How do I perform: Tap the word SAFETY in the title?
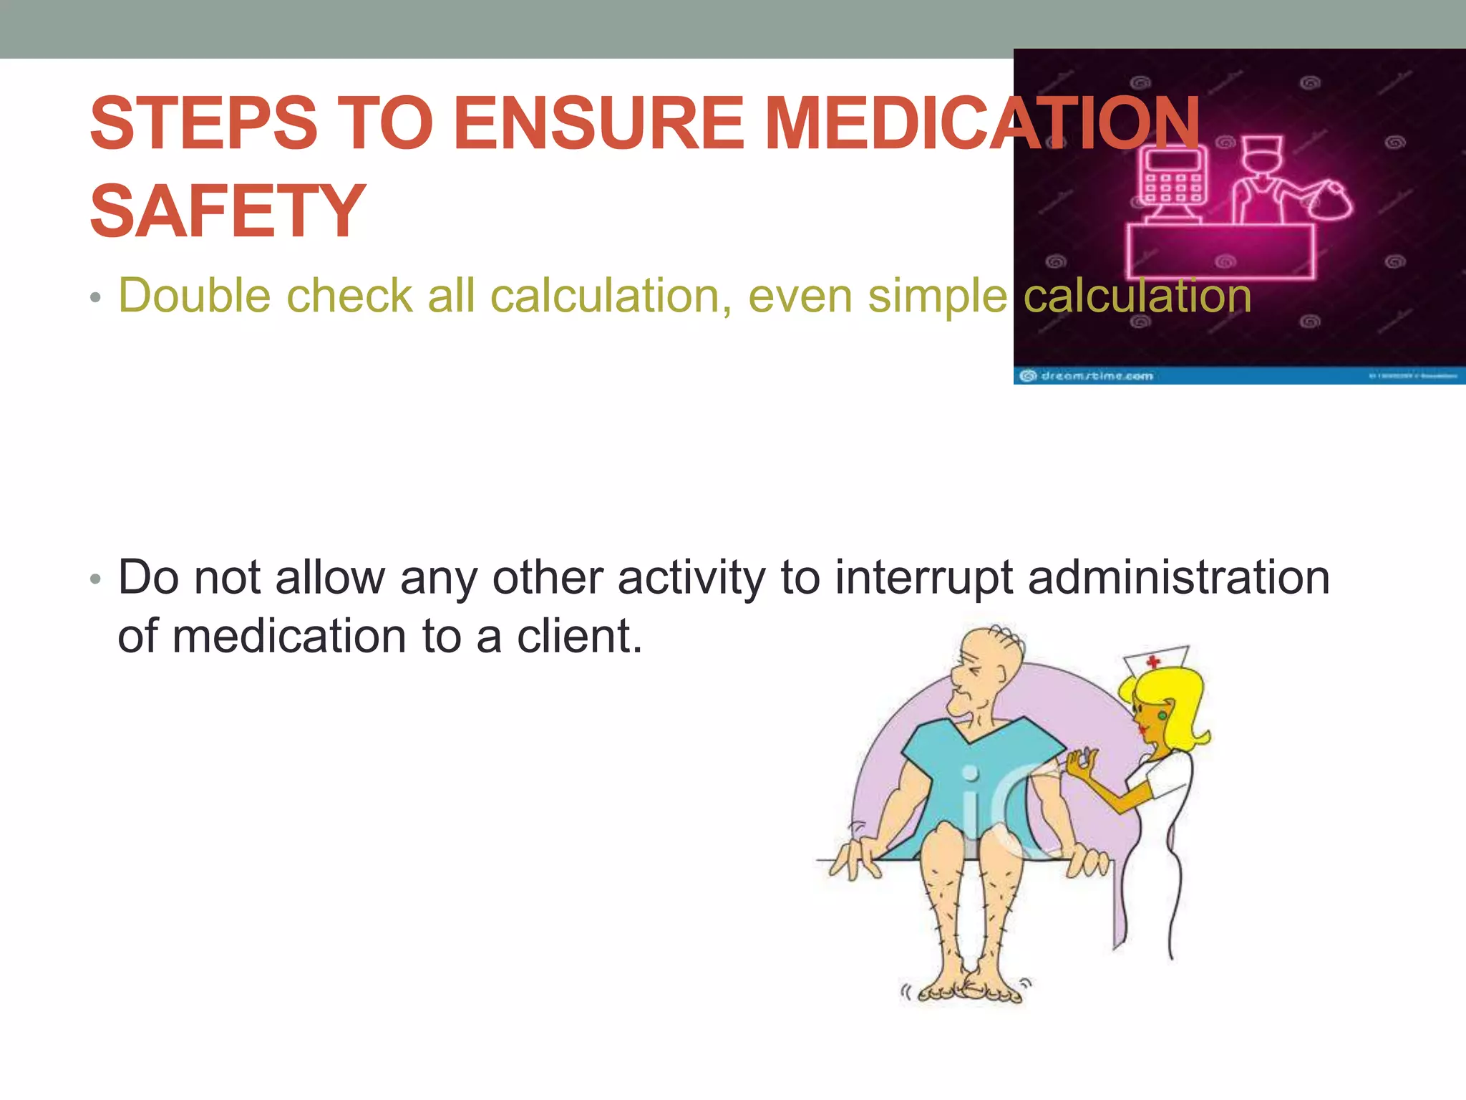[x=228, y=211]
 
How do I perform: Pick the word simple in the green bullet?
[x=938, y=296]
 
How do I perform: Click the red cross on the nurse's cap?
[x=1152, y=660]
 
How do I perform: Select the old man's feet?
[x=966, y=992]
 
